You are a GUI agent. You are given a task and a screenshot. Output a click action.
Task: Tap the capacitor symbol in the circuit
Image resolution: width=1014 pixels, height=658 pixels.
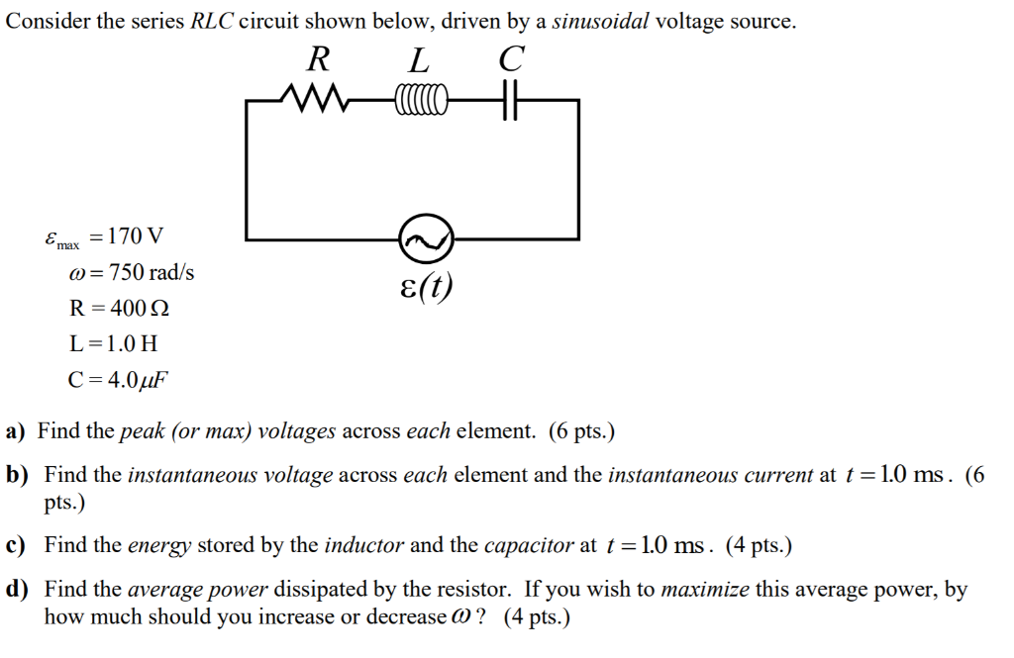coord(509,100)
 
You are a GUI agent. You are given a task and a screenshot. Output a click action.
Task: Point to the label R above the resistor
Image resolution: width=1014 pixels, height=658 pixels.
coord(317,60)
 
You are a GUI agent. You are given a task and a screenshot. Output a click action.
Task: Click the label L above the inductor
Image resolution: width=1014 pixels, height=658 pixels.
coord(420,61)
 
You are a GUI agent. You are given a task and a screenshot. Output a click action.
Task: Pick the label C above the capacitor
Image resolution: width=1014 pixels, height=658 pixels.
coord(510,60)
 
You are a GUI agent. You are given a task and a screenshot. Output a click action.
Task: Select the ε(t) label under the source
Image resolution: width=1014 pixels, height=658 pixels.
coord(426,286)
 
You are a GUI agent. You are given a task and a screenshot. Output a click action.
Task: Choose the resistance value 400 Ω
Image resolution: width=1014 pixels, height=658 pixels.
coord(135,308)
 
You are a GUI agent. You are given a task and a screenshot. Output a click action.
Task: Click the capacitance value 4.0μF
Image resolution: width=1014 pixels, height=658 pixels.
coord(134,379)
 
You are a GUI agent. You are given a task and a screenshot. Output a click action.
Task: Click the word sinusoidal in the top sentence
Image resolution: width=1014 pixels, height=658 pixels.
coord(600,22)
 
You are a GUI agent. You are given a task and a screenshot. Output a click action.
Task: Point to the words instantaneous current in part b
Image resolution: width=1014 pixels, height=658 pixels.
coord(710,475)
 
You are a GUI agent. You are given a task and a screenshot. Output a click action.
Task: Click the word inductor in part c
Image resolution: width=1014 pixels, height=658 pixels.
coord(363,545)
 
